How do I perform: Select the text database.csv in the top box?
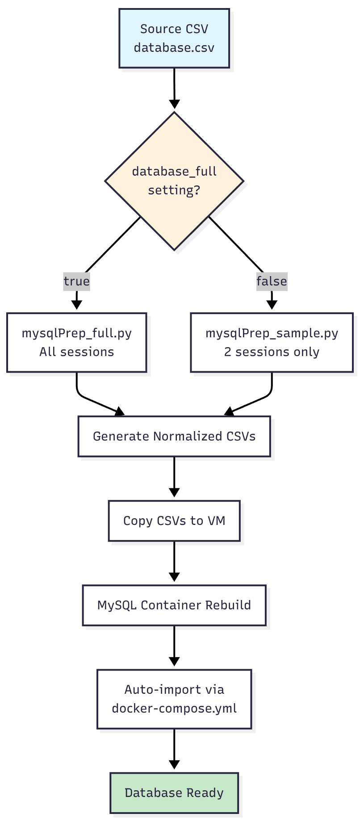click(174, 48)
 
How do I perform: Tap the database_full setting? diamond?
click(174, 181)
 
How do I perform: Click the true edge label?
click(77, 281)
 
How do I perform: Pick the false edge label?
click(272, 281)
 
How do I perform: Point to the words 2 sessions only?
click(272, 352)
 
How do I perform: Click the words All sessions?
click(77, 352)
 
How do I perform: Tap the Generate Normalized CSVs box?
click(174, 436)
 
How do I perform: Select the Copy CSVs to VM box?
click(174, 521)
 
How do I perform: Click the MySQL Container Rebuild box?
click(174, 605)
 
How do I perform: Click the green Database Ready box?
click(174, 793)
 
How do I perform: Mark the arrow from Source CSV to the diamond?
click(174, 87)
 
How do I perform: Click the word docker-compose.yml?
click(174, 709)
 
